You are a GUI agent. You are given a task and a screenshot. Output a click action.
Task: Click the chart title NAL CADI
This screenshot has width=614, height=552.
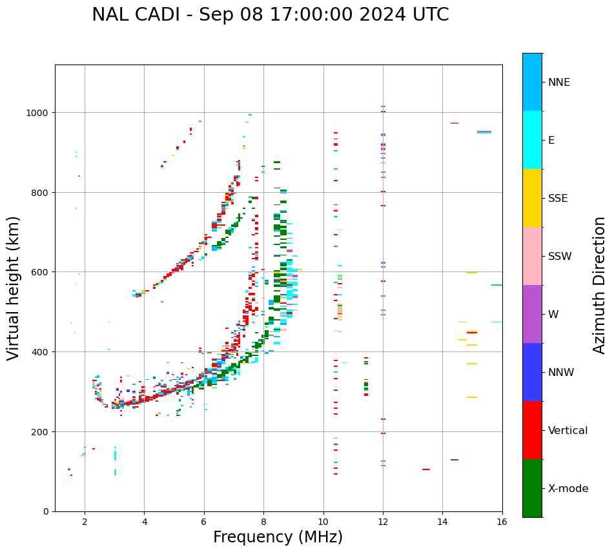(x=270, y=15)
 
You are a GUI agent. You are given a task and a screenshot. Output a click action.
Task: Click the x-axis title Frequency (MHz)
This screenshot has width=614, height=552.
(x=278, y=537)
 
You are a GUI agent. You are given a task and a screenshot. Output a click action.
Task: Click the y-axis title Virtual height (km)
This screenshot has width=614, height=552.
(x=14, y=288)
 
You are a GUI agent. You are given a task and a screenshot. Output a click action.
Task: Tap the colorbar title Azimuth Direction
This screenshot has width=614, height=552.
(x=600, y=284)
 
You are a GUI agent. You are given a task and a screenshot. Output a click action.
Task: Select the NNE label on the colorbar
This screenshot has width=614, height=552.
(x=559, y=82)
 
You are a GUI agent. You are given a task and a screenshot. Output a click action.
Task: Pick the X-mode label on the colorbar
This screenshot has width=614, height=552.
(x=568, y=488)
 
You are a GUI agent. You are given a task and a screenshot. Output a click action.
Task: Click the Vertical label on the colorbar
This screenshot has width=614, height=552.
(x=568, y=430)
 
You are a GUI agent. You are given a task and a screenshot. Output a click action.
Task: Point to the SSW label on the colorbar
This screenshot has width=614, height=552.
(x=560, y=256)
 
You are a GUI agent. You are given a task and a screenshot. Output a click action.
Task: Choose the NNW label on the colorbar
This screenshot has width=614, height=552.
(x=561, y=372)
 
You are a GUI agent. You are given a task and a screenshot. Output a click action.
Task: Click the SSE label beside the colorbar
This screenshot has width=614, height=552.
(x=558, y=198)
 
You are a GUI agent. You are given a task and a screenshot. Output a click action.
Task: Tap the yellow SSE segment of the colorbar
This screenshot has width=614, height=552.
(x=532, y=198)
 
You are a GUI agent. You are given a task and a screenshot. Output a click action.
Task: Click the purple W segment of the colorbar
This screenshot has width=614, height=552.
(x=532, y=314)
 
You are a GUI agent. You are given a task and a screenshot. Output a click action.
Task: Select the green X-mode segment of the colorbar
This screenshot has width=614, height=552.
(x=532, y=488)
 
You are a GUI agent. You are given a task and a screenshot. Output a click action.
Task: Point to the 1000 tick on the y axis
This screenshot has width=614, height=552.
(x=39, y=113)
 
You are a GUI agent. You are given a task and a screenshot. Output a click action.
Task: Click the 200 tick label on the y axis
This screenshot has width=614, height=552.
(x=42, y=431)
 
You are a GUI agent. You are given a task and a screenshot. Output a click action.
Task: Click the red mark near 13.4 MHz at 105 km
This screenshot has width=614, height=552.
(x=426, y=469)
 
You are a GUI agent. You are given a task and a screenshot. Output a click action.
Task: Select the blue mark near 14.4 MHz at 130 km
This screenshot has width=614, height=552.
(x=455, y=460)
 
